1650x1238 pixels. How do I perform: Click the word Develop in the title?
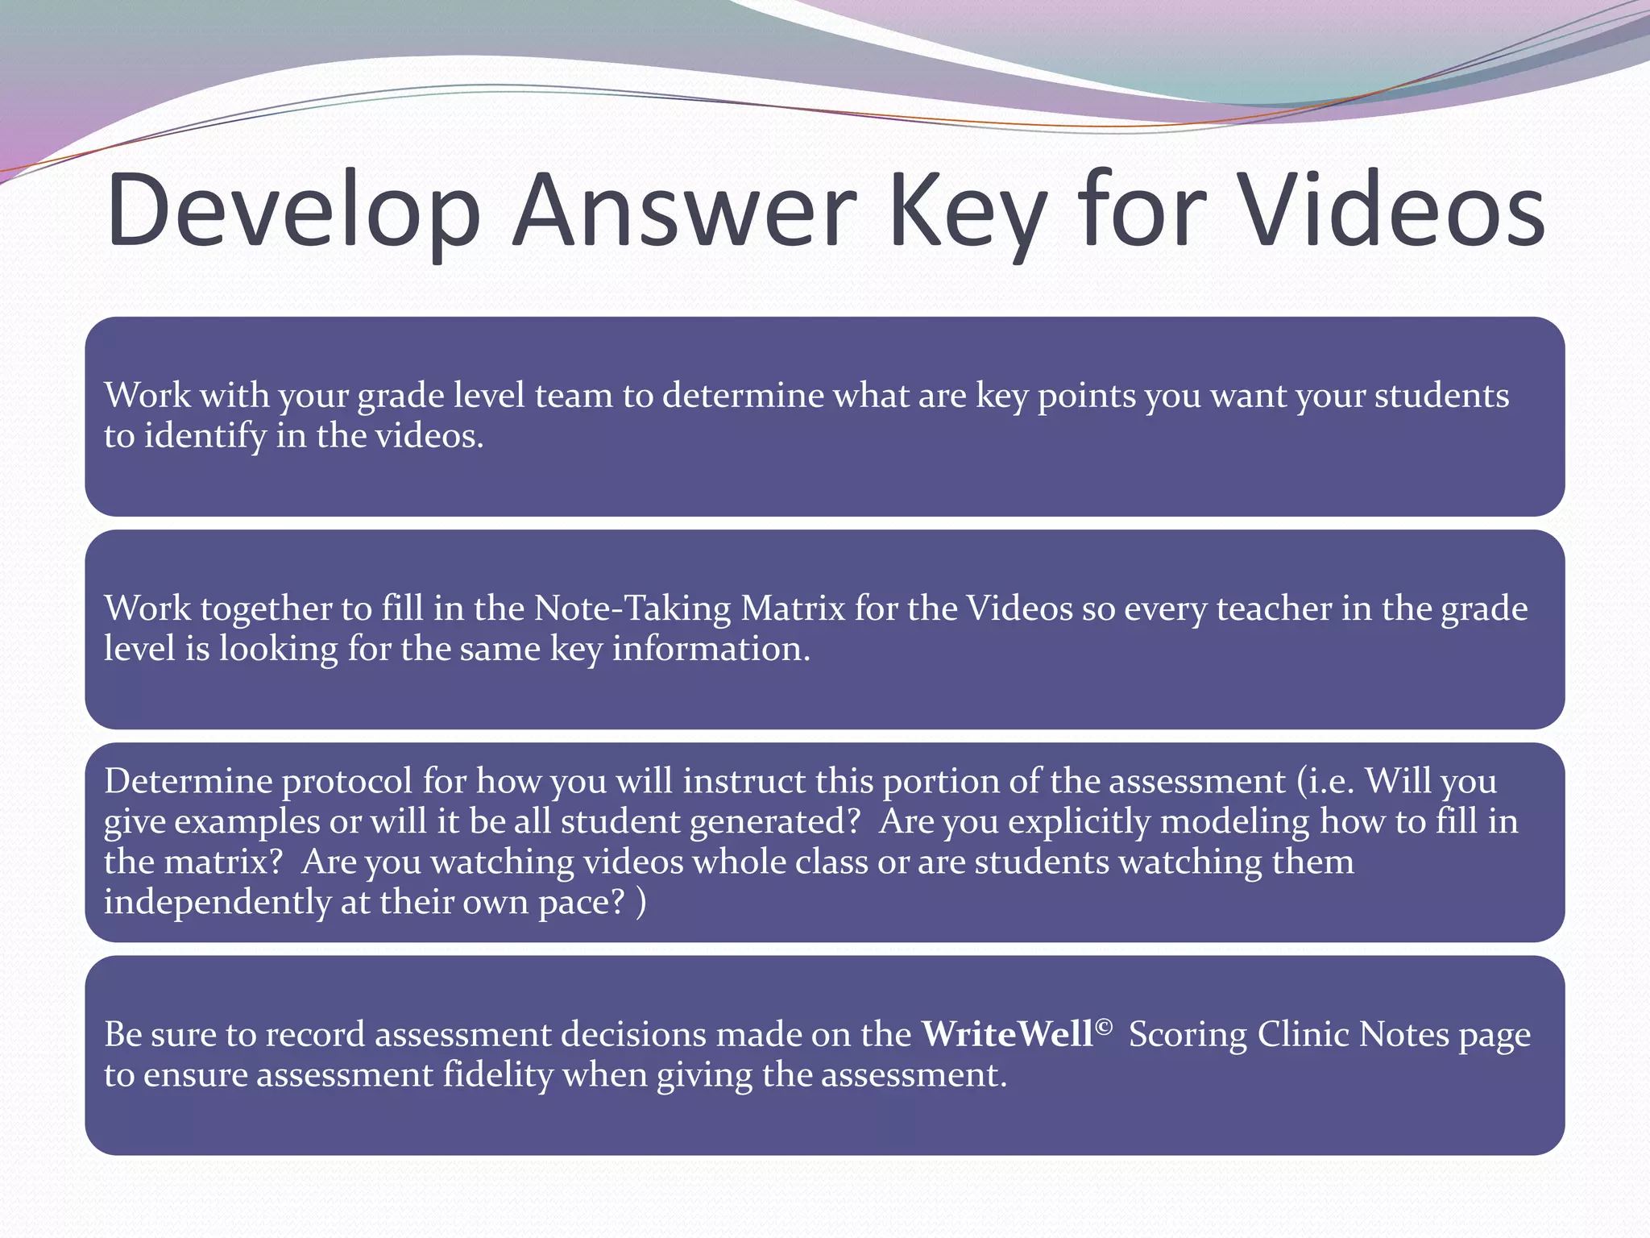tap(294, 211)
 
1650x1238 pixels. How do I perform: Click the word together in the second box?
tap(265, 609)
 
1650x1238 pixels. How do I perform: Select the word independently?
tap(217, 902)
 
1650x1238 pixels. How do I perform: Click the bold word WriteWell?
tap(1007, 1034)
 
